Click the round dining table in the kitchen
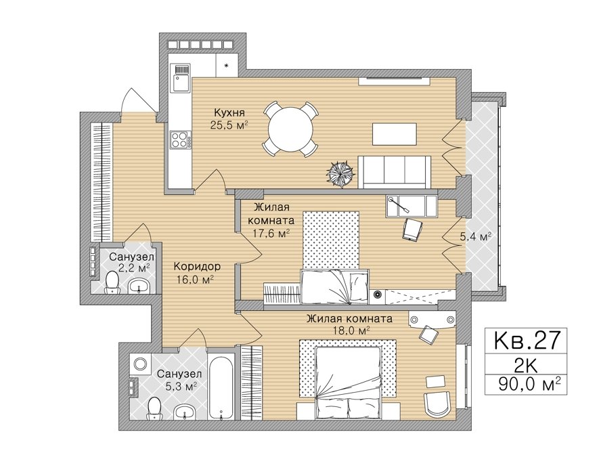290,129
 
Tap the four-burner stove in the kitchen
181,139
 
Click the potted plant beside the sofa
340,173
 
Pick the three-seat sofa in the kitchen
395,172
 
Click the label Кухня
229,113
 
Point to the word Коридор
197,266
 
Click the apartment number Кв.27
525,340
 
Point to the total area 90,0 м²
527,384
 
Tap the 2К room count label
526,366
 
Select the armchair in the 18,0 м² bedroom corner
438,404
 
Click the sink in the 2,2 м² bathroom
139,286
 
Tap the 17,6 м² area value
271,233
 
